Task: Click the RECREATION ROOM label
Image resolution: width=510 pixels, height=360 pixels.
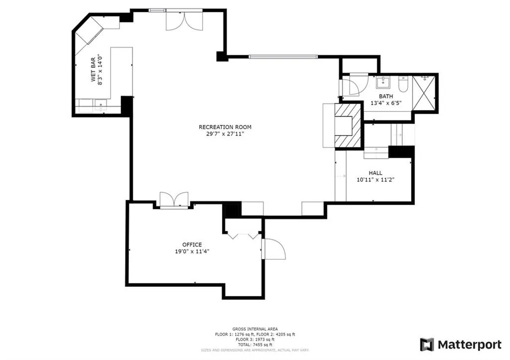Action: click(222, 127)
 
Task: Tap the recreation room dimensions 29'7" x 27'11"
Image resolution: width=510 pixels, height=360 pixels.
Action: click(222, 134)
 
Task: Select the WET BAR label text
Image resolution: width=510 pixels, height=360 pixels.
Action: click(93, 72)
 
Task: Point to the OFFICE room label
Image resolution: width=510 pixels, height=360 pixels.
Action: click(192, 244)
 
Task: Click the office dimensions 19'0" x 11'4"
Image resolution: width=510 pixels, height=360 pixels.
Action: click(192, 251)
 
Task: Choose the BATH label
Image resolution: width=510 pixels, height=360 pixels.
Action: click(386, 96)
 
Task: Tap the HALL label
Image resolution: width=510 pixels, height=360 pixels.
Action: click(376, 172)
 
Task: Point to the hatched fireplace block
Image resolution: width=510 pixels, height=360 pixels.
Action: click(347, 125)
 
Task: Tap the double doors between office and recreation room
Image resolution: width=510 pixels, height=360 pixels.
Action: click(174, 199)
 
